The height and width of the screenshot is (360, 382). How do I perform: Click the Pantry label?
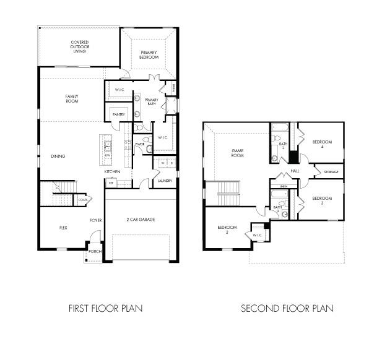coord(119,114)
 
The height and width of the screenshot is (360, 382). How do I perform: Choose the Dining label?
coord(58,156)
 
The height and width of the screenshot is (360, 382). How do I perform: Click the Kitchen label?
coord(111,171)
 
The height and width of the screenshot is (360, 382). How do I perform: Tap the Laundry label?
coord(164,181)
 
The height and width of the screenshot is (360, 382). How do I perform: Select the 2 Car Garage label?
coord(141,220)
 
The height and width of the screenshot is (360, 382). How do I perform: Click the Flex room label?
coord(63,228)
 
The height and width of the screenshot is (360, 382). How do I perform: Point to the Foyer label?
coord(95,220)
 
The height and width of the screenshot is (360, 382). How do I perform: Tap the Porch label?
coord(95,252)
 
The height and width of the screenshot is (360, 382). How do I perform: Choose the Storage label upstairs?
coord(329,171)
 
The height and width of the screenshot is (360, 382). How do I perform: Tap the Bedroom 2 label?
coord(227,229)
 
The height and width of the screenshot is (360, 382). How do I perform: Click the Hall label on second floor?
coord(295,171)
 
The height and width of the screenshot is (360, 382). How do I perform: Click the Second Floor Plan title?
coord(287,307)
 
